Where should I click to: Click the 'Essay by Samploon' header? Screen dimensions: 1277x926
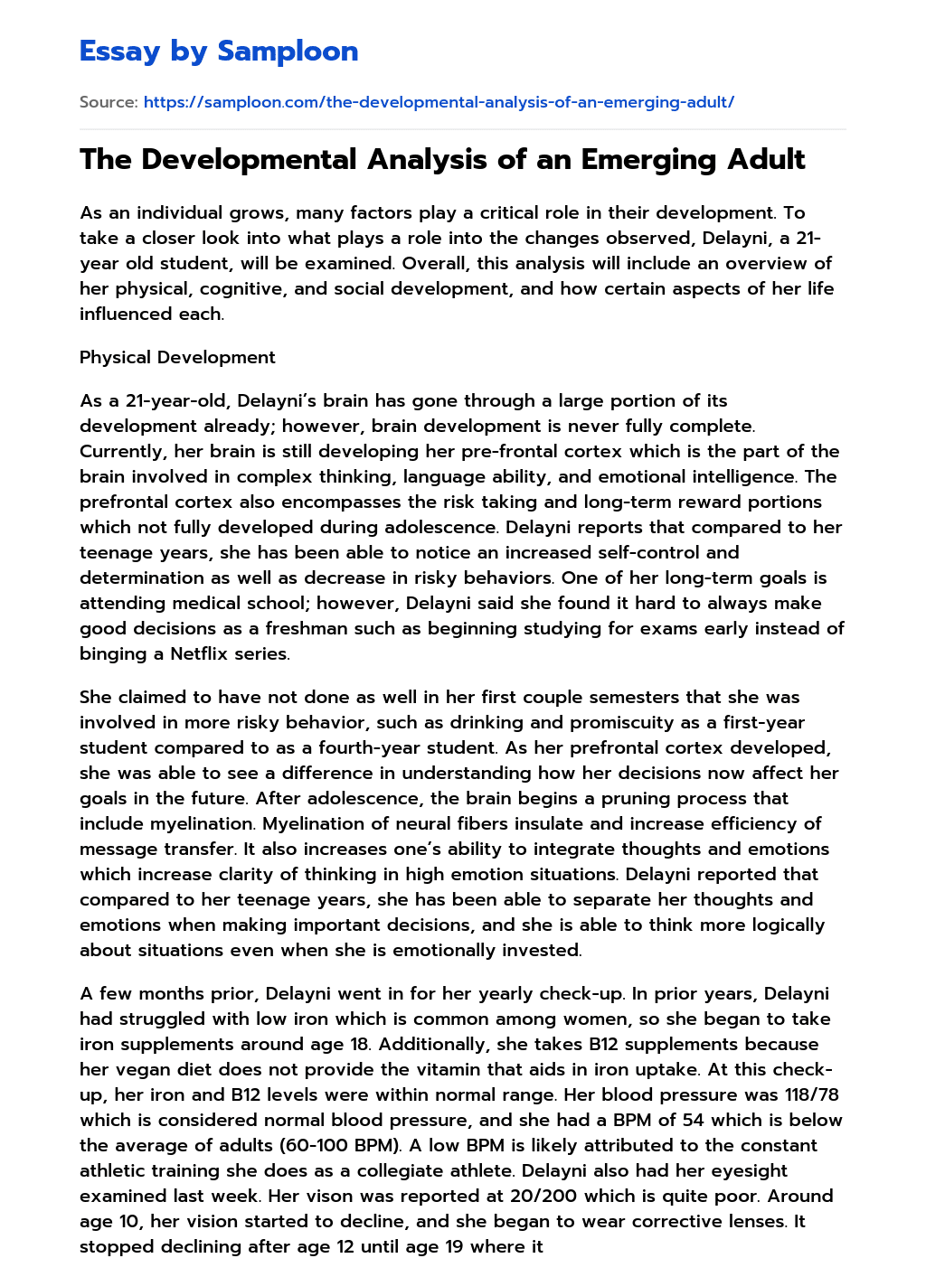[219, 52]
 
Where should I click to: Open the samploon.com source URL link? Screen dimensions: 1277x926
[439, 102]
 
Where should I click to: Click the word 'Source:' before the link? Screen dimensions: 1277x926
[109, 102]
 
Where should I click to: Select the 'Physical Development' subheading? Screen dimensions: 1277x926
[177, 357]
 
